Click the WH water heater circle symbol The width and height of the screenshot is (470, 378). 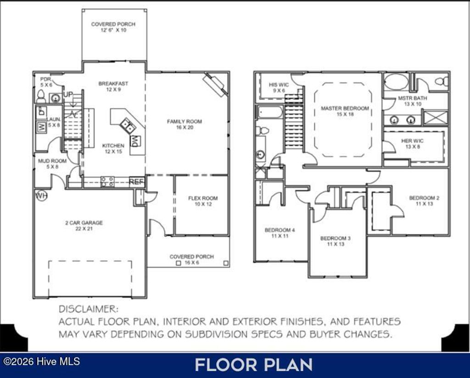pos(42,196)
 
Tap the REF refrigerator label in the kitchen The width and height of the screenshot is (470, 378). pos(137,182)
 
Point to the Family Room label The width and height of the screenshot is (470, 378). pos(184,124)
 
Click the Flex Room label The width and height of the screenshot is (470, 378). pos(202,201)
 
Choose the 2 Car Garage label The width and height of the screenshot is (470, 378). pos(84,225)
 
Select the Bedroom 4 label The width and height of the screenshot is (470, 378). pos(280,233)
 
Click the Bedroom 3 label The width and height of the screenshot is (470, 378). pos(336,241)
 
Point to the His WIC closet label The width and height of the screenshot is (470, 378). pos(279,87)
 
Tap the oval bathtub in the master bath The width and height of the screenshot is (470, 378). pos(396,82)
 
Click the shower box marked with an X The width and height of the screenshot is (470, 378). pos(435,117)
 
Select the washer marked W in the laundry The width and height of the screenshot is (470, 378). pos(41,128)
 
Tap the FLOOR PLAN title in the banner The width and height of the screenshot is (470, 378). pos(254,365)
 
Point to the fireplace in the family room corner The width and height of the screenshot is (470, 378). pos(215,85)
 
